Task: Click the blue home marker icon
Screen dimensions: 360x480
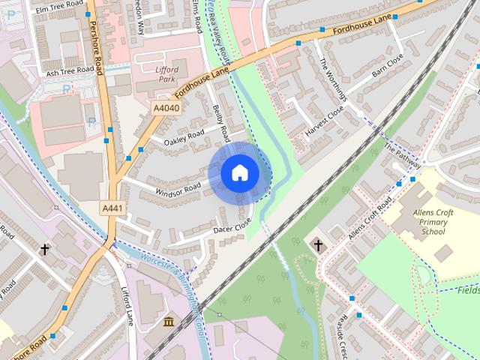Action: [239, 173]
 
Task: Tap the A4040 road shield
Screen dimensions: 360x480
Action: [166, 109]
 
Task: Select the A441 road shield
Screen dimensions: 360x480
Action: [112, 208]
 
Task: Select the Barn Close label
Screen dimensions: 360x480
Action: [388, 67]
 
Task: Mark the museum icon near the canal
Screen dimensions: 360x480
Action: [167, 322]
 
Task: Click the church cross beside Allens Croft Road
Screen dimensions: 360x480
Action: [317, 245]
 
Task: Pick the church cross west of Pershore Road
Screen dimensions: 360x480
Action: [45, 249]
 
